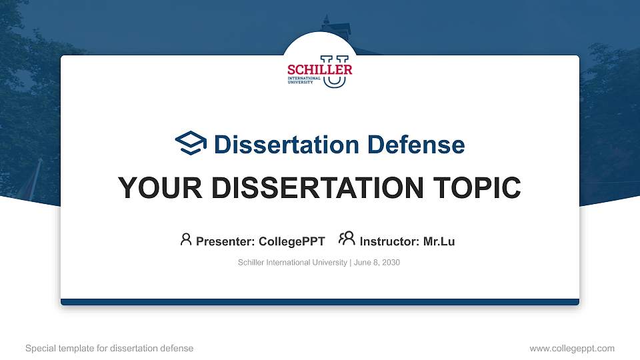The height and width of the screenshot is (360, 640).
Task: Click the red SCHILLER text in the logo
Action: (x=320, y=69)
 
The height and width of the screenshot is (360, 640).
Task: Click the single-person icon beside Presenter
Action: (x=186, y=239)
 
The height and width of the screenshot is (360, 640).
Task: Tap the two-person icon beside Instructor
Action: (x=347, y=239)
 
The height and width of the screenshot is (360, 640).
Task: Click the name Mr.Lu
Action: (x=439, y=241)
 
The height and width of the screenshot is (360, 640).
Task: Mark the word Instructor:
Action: (x=390, y=241)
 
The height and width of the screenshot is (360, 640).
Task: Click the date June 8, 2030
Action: (x=377, y=263)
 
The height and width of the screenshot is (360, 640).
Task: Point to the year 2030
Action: (x=391, y=263)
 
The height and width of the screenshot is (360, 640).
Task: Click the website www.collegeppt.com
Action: (x=572, y=348)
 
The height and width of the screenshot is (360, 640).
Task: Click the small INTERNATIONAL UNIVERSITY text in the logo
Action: (x=304, y=81)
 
